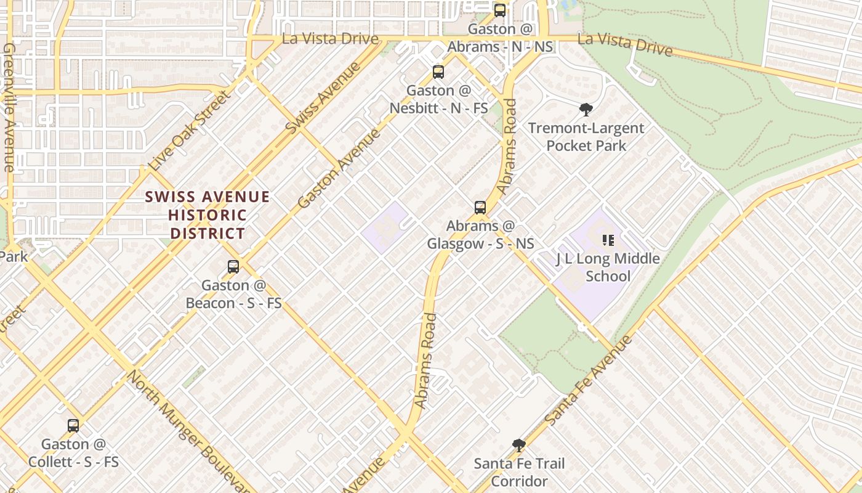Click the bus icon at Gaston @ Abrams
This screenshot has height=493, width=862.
[x=500, y=10]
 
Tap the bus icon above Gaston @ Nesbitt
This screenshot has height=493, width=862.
[x=438, y=72]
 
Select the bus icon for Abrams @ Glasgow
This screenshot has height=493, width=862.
[x=480, y=208]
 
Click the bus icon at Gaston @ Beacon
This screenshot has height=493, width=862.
[x=233, y=267]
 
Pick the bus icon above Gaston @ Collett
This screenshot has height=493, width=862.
[x=73, y=425]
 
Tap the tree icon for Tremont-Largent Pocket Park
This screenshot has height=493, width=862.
[x=586, y=110]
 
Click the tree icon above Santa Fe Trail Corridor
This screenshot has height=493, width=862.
[x=519, y=445]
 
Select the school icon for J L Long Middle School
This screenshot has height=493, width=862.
[x=608, y=240]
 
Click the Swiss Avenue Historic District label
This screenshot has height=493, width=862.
[x=207, y=215]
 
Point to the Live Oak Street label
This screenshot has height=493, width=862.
[x=191, y=131]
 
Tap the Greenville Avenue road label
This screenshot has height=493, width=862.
[x=9, y=108]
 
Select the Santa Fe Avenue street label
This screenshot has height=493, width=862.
[x=589, y=380]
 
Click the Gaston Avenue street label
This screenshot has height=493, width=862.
[x=339, y=168]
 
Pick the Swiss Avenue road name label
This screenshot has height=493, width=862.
[x=323, y=97]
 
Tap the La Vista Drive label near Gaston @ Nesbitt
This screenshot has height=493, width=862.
[x=330, y=38]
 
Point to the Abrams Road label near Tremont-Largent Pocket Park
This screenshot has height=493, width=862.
[x=508, y=147]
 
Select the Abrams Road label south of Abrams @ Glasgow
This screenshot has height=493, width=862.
[x=425, y=361]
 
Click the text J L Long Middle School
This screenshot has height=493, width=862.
[x=608, y=267]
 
